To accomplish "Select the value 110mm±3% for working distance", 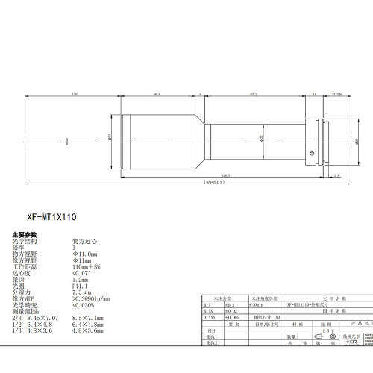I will click(x=87, y=266).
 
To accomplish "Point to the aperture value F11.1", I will click(x=81, y=284).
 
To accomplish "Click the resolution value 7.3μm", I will click(x=81, y=290).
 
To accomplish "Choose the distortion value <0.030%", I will click(x=84, y=304).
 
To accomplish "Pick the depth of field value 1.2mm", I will click(x=81, y=278).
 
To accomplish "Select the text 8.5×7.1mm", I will click(x=89, y=317).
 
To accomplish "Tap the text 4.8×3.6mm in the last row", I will click(x=89, y=330).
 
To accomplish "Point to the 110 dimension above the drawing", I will click(x=75, y=95).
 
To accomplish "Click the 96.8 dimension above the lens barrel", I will click(x=157, y=95).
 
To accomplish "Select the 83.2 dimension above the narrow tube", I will click(x=254, y=95).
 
